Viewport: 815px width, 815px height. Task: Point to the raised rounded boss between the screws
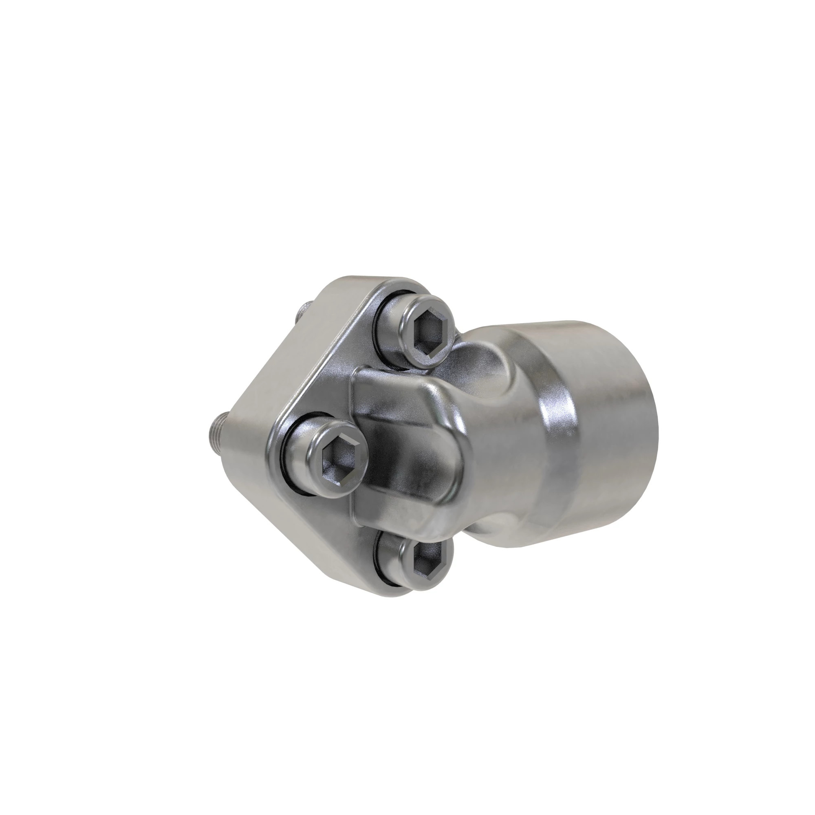pyautogui.click(x=405, y=434)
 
